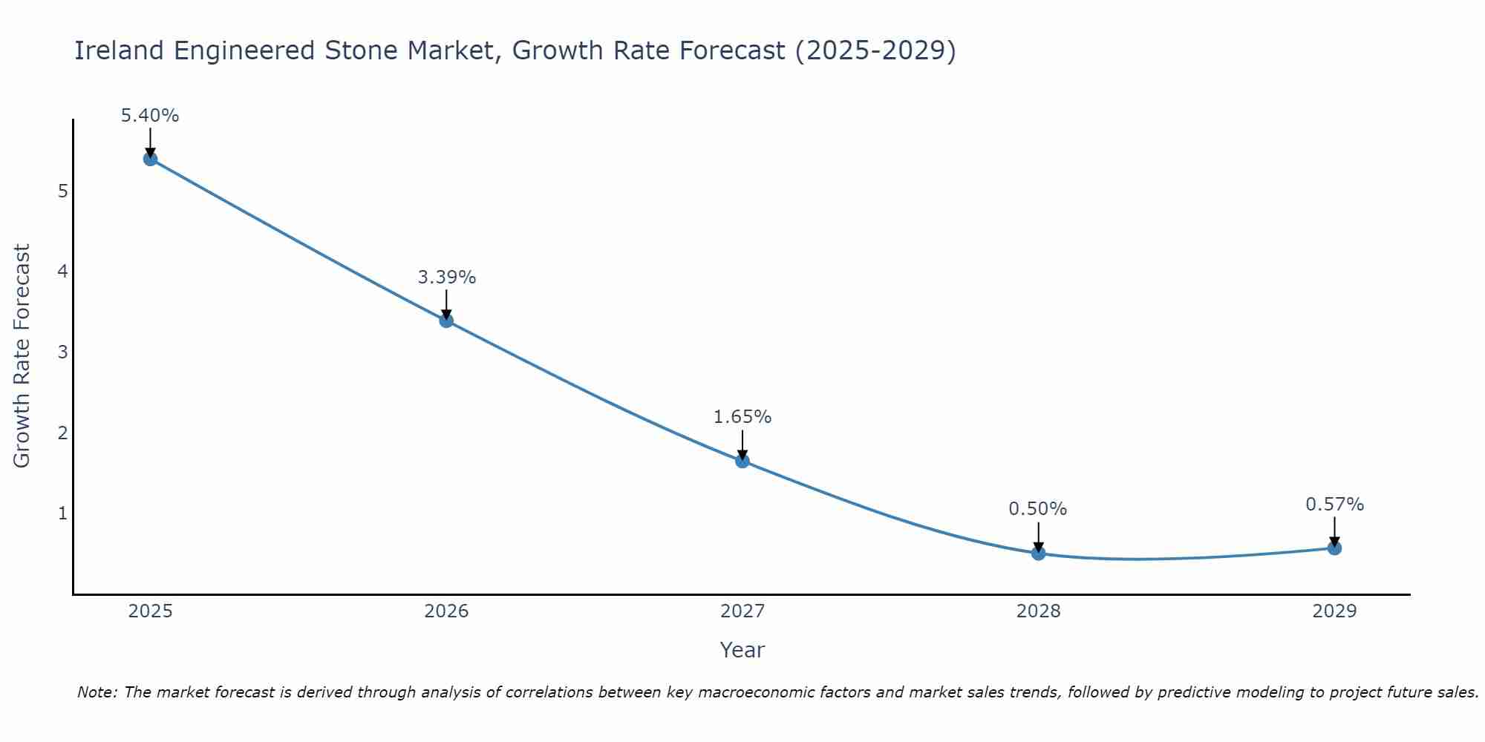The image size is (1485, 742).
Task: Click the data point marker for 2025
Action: pyautogui.click(x=150, y=159)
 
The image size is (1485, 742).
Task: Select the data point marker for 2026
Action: pyautogui.click(x=446, y=321)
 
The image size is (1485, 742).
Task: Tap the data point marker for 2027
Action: pyautogui.click(x=742, y=461)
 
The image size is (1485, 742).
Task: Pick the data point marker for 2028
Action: pyautogui.click(x=1038, y=553)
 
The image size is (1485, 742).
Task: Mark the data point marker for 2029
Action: pyautogui.click(x=1334, y=548)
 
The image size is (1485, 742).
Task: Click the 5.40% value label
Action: pyautogui.click(x=150, y=116)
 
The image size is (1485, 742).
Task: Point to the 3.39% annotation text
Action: pyautogui.click(x=446, y=278)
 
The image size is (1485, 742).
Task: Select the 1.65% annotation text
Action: pyautogui.click(x=742, y=417)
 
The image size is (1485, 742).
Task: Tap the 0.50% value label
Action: pyautogui.click(x=1038, y=509)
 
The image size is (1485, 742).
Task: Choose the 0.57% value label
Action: pyautogui.click(x=1334, y=505)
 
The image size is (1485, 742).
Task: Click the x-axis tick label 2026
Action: pyautogui.click(x=446, y=611)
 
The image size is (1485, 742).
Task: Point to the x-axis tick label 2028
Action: pyautogui.click(x=1038, y=611)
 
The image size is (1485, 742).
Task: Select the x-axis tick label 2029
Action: pyautogui.click(x=1334, y=611)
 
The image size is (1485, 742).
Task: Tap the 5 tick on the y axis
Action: pyautogui.click(x=62, y=191)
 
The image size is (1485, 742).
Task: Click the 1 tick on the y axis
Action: pyautogui.click(x=62, y=513)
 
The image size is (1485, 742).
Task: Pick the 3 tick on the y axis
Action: pyautogui.click(x=62, y=352)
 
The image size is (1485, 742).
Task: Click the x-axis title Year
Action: pyautogui.click(x=742, y=650)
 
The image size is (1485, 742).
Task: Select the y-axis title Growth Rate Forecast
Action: pyautogui.click(x=22, y=356)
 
